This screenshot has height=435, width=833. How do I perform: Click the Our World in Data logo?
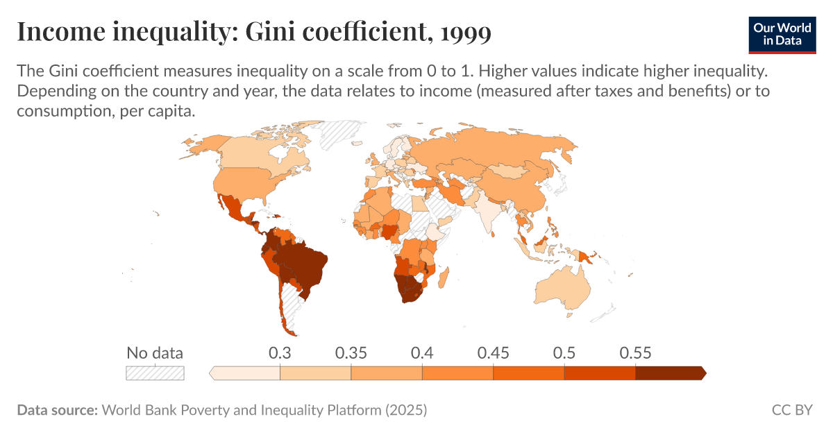click(782, 33)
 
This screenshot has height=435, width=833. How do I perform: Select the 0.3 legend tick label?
click(280, 352)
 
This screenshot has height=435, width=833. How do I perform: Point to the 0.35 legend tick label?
click(351, 352)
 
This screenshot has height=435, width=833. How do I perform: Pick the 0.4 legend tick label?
click(422, 352)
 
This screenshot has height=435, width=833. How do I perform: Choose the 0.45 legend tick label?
click(494, 352)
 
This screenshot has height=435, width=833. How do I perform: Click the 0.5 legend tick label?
click(564, 352)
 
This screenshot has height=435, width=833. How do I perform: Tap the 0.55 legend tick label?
click(635, 352)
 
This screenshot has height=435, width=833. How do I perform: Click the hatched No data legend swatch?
click(155, 373)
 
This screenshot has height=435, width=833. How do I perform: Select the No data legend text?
click(155, 352)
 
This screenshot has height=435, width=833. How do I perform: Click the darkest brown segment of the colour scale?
click(669, 373)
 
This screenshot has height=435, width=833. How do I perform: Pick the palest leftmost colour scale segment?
click(246, 373)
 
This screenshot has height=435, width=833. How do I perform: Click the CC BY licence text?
click(792, 410)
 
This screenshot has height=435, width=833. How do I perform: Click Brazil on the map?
click(302, 264)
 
